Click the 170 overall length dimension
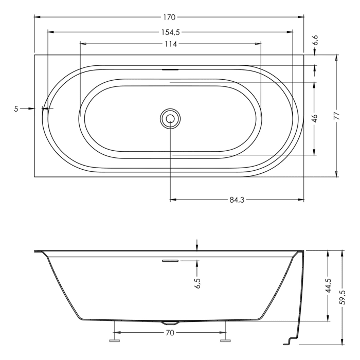point(169,17)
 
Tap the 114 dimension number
point(170,44)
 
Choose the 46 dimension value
point(315,118)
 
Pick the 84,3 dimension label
point(236,200)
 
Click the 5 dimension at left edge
point(16,109)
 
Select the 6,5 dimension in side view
point(197,284)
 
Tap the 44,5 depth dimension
point(328,286)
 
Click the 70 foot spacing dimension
point(170,333)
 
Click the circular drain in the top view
point(169,118)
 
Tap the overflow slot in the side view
point(170,261)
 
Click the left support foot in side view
point(114,340)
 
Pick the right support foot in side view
point(225,340)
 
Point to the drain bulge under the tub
point(170,322)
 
